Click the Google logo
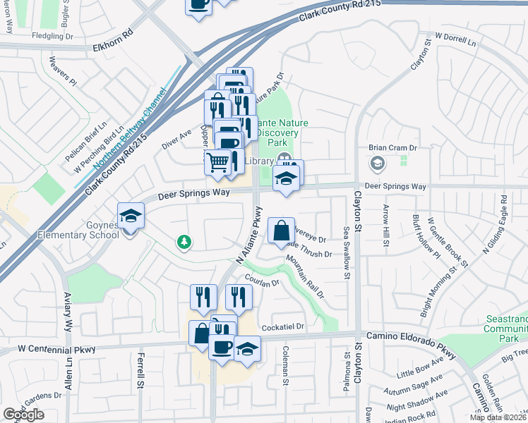[23, 415]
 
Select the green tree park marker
[184, 243]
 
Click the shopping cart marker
[218, 163]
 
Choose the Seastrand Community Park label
[505, 329]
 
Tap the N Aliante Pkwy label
[248, 233]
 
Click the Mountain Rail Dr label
[305, 277]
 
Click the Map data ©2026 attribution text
[498, 417]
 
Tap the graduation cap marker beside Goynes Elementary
[131, 216]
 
